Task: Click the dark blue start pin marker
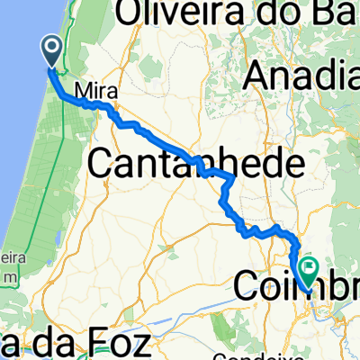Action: coord(50,51)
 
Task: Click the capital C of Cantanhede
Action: coord(104,165)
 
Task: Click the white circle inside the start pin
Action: coord(50,47)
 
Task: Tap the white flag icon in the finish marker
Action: coord(310,267)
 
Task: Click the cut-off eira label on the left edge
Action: coord(9,258)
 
